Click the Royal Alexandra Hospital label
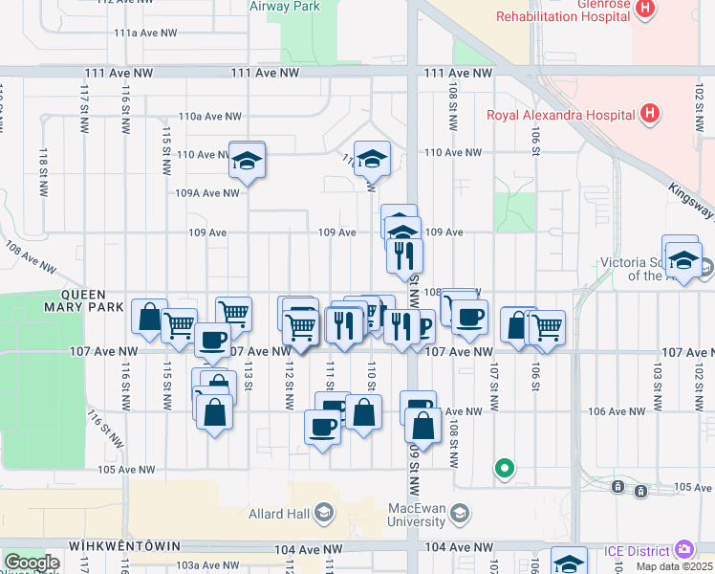coord(560,116)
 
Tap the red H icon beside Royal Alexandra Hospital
coord(650,115)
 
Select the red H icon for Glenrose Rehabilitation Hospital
coord(646,9)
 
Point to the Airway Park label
coord(284,6)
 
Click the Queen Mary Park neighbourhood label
coord(92,300)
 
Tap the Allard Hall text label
coord(278,515)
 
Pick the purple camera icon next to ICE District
coord(684,550)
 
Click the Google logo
coord(32,563)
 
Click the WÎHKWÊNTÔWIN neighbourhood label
coord(124,545)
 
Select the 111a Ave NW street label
coord(145,33)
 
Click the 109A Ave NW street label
coord(206,192)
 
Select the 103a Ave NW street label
coord(207,565)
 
